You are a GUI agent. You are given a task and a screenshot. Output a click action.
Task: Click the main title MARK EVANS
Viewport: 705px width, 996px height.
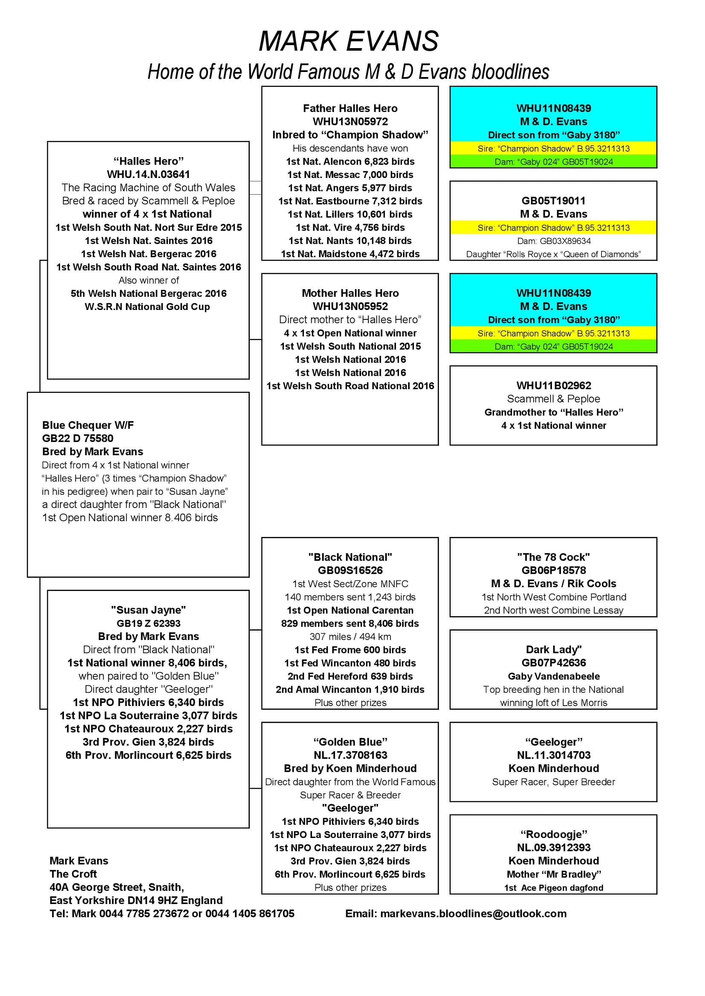tap(349, 41)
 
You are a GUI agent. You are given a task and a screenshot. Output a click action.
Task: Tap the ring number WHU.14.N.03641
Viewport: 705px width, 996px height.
tap(148, 175)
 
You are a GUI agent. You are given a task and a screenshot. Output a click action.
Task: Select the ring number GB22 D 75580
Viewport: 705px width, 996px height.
tap(78, 438)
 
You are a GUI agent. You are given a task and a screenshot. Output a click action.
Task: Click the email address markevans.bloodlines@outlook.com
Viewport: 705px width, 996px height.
tap(456, 913)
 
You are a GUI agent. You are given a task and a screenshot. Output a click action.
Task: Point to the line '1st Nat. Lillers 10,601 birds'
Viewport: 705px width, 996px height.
tap(350, 214)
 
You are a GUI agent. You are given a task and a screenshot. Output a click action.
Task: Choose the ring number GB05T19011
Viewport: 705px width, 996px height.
tap(553, 201)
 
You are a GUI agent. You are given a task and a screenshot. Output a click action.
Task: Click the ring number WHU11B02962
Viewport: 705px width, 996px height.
tap(553, 386)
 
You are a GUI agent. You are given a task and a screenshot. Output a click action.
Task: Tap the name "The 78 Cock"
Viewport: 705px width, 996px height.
tap(553, 557)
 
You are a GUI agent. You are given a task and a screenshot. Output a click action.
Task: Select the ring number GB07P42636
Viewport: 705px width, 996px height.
tap(553, 663)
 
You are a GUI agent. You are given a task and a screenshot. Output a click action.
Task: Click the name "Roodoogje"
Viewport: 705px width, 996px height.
tap(553, 834)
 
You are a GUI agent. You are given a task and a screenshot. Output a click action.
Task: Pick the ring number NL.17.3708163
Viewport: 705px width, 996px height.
tap(350, 755)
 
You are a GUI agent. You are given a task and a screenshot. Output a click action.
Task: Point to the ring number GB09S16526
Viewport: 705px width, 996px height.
tap(350, 571)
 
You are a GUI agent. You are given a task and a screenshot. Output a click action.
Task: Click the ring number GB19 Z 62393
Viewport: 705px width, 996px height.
tap(148, 623)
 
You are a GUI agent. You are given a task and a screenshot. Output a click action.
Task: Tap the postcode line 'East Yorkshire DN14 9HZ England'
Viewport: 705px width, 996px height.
tap(136, 900)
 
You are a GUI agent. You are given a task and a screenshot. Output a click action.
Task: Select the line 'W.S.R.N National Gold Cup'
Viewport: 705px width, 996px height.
tap(147, 307)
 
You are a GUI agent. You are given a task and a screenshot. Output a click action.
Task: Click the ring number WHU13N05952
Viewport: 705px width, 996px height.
tap(350, 306)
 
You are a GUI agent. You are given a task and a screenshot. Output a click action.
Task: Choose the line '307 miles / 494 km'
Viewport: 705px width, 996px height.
tap(350, 636)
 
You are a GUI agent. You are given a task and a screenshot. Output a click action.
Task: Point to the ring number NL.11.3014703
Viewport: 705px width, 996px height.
tap(553, 755)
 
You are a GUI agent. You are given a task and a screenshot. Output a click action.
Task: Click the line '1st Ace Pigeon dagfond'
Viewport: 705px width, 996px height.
tap(553, 887)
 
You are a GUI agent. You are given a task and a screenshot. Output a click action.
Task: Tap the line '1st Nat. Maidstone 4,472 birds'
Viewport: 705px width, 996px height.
tap(350, 254)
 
